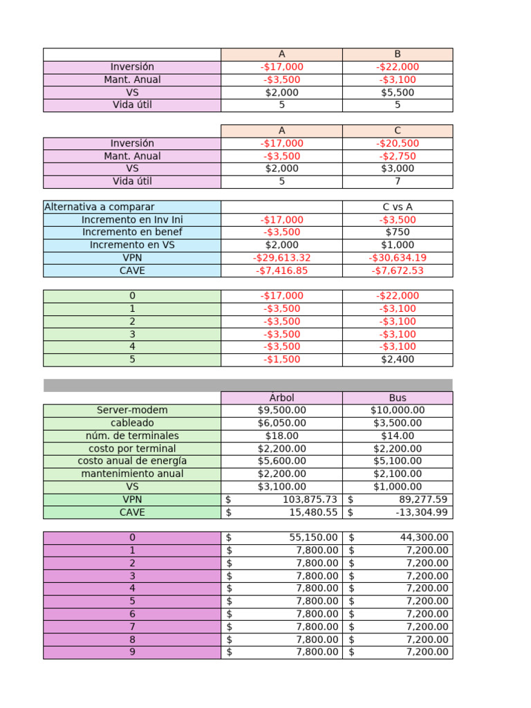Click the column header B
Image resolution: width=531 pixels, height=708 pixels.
398,54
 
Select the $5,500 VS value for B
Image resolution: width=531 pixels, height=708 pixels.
398,92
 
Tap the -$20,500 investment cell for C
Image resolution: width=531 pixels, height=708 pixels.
398,143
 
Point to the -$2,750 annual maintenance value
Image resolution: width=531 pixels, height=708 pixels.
398,156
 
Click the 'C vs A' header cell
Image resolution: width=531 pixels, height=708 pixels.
398,207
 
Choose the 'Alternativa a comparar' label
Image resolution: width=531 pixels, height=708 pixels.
100,207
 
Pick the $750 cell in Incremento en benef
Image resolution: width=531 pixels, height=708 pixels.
398,232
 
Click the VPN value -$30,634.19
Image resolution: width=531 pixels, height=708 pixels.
398,258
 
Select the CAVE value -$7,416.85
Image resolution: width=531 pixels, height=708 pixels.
281,270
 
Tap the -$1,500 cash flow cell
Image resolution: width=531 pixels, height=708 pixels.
281,360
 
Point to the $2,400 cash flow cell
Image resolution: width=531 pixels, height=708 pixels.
398,360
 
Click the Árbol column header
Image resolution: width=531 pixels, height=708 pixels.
281,398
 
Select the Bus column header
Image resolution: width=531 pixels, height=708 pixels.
398,398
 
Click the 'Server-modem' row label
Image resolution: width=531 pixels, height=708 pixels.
132,410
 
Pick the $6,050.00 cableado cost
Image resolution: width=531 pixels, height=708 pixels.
281,422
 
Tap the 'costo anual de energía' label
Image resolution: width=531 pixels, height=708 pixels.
132,460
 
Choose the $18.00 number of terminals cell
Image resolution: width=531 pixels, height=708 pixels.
281,436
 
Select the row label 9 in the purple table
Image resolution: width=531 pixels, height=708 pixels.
132,652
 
